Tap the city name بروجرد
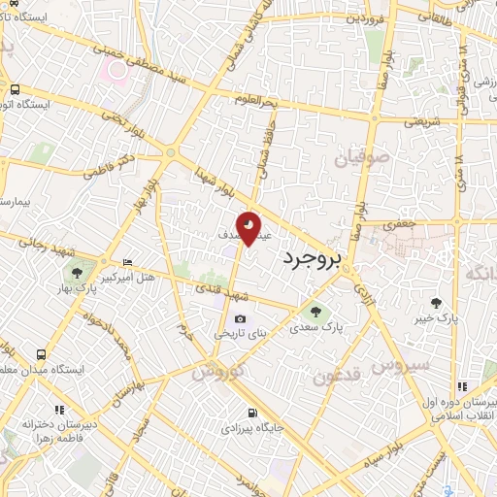click(315, 258)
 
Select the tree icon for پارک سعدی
click(313, 311)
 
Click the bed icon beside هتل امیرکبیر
click(127, 263)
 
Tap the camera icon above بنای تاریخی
click(240, 318)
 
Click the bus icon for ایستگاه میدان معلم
click(41, 354)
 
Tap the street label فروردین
click(370, 18)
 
